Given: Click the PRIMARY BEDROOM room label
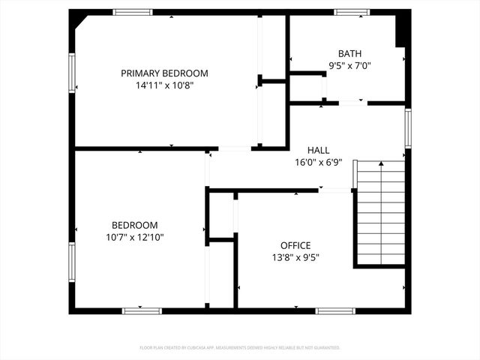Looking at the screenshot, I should coord(164,73).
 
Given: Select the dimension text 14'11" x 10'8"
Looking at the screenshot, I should coord(164,85).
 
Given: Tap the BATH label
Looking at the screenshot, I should coord(349,53).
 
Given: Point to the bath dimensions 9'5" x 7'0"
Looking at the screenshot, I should coord(349,65).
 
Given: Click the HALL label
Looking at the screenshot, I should coord(318,150).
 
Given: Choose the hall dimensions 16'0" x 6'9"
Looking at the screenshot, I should coord(318,162).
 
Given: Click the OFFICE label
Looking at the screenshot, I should coord(295,245).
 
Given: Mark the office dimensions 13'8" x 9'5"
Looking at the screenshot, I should coord(295,257).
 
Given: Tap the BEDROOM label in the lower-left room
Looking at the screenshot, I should coord(135,225).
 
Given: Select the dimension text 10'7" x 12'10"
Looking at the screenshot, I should coord(135,237).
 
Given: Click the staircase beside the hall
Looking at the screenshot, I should coord(381,213).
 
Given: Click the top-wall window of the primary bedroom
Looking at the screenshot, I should coord(133,12).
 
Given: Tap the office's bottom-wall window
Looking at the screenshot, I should coord(335,310).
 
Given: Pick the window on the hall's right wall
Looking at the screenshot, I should coord(408,127).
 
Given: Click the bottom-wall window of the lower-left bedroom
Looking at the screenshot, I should coord(142,310).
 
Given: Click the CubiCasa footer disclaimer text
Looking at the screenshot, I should coord(240,348).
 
